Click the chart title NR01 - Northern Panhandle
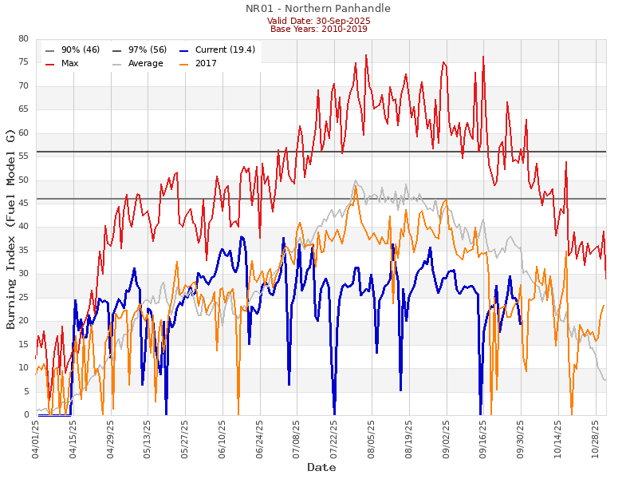click(317, 9)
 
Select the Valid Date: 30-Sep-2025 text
click(317, 21)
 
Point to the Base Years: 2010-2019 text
click(317, 29)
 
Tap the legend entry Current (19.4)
click(225, 49)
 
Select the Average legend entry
click(144, 63)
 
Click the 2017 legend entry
click(206, 63)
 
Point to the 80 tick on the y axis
click(23, 39)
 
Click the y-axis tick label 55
click(23, 156)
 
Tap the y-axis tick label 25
click(23, 298)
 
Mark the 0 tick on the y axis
click(26, 415)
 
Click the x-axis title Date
click(321, 467)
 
